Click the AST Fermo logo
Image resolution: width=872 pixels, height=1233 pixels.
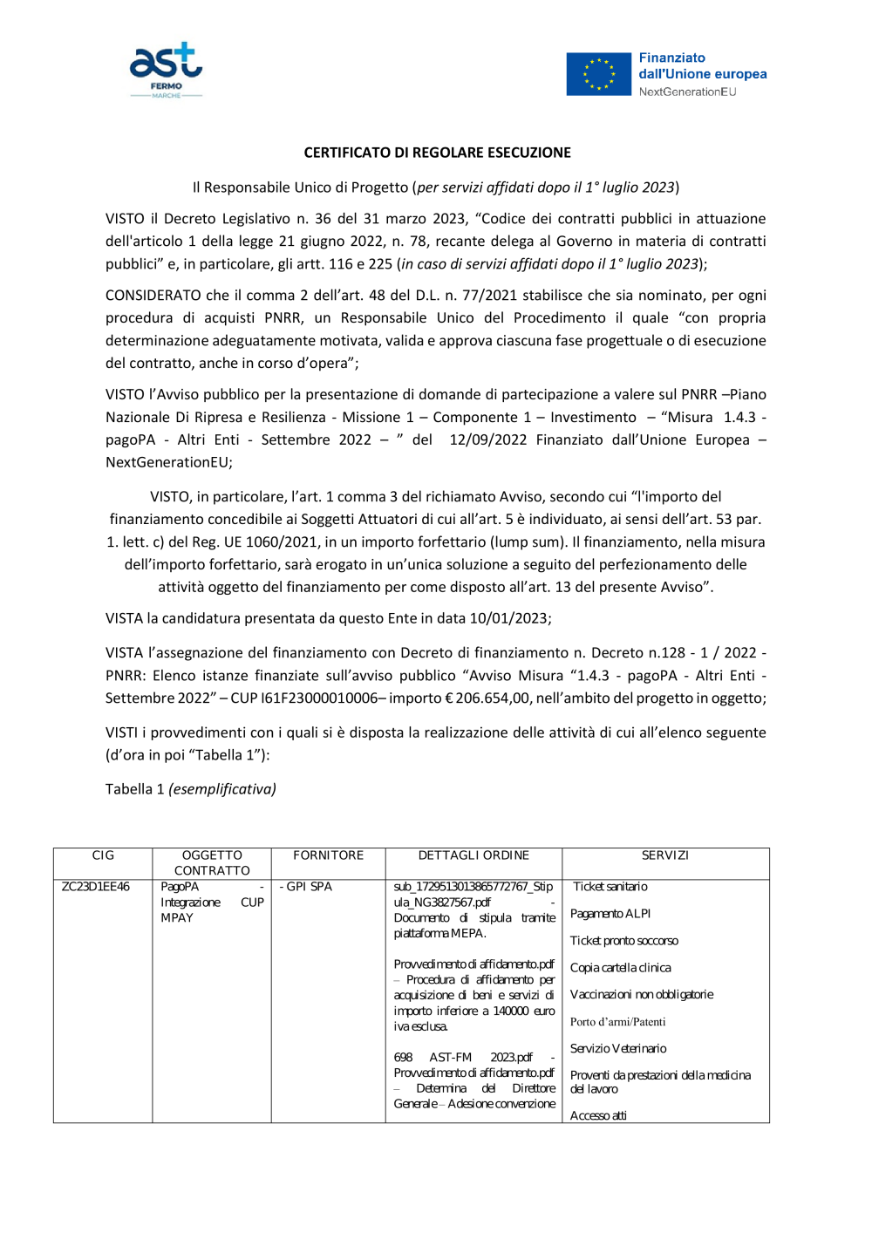(166, 70)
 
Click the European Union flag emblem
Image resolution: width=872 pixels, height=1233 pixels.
(598, 74)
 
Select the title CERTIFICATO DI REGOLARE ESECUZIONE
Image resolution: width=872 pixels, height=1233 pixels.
(437, 153)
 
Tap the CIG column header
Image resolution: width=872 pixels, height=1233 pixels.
(103, 855)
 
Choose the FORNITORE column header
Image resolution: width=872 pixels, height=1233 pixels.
(328, 855)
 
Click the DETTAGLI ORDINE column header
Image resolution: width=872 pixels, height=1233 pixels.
(473, 855)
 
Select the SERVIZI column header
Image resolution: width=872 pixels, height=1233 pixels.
(664, 855)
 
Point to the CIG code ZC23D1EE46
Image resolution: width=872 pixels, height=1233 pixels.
(95, 887)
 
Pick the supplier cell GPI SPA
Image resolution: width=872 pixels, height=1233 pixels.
(307, 887)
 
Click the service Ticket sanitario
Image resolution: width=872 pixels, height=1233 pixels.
(610, 887)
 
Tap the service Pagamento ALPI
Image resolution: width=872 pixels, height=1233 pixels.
(610, 914)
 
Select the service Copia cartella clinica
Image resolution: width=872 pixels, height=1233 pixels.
(620, 968)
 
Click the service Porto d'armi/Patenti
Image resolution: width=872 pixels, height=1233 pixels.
(617, 1022)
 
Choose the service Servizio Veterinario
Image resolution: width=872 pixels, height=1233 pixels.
(618, 1049)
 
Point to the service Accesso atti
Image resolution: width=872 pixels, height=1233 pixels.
(598, 1116)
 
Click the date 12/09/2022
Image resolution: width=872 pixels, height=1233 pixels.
(487, 440)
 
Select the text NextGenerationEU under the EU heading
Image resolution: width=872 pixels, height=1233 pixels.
(687, 92)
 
